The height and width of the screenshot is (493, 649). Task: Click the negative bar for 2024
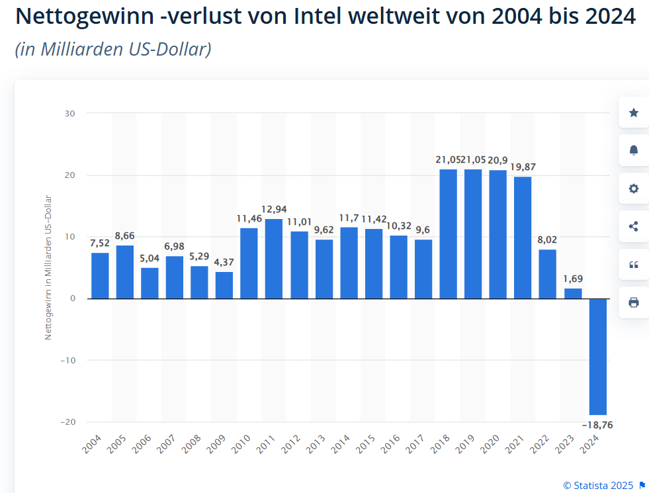(598, 357)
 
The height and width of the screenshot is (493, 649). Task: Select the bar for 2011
(274, 259)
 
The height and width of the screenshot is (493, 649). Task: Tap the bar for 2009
(224, 285)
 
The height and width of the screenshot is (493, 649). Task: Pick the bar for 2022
(547, 274)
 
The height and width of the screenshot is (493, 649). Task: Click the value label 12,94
(274, 210)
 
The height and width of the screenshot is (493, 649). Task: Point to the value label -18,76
(597, 425)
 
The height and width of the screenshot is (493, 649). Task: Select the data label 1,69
(573, 279)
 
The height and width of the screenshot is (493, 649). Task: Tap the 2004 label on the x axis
(93, 444)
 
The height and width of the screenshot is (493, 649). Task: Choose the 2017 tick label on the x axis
(416, 444)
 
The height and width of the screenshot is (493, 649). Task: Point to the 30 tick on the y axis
(70, 113)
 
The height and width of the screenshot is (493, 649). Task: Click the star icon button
(633, 112)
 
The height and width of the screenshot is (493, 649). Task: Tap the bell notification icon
(633, 150)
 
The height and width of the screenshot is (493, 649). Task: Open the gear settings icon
(633, 189)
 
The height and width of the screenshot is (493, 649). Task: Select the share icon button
(633, 226)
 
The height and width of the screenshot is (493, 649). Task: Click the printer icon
(633, 302)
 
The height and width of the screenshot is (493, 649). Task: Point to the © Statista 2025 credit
(598, 486)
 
